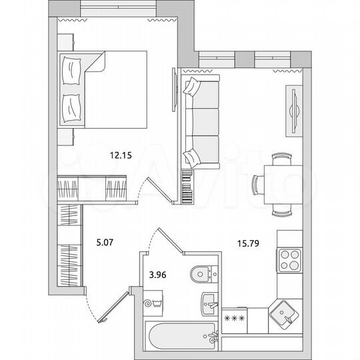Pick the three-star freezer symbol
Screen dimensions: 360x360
click(235, 318)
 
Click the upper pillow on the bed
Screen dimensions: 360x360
click(71, 69)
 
